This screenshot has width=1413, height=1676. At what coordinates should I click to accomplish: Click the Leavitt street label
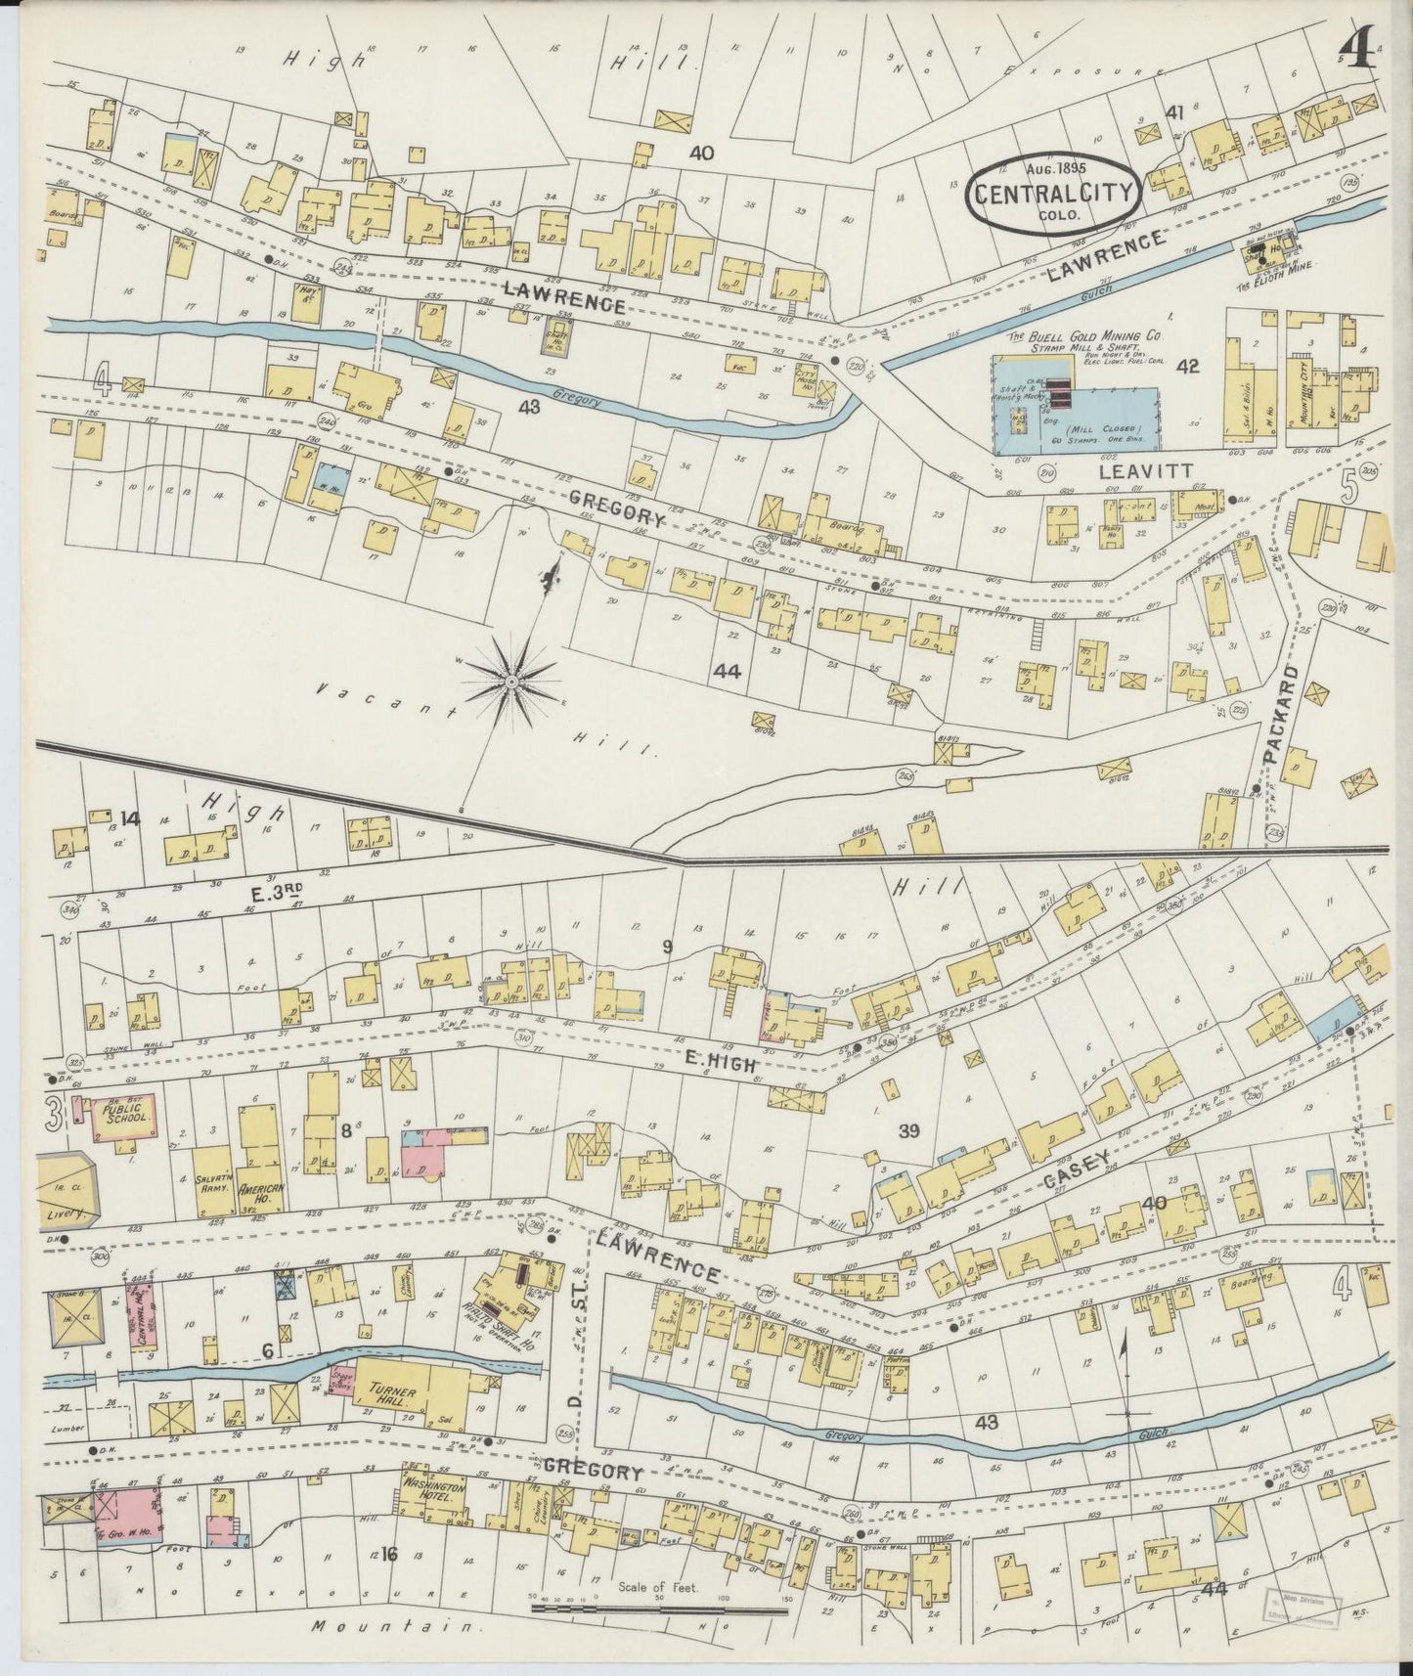tap(1146, 471)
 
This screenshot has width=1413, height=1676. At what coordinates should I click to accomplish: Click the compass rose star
tap(510, 678)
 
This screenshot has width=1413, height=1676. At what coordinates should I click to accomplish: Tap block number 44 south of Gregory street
tap(727, 671)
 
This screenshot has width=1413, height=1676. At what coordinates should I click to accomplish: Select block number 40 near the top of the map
tap(700, 153)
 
